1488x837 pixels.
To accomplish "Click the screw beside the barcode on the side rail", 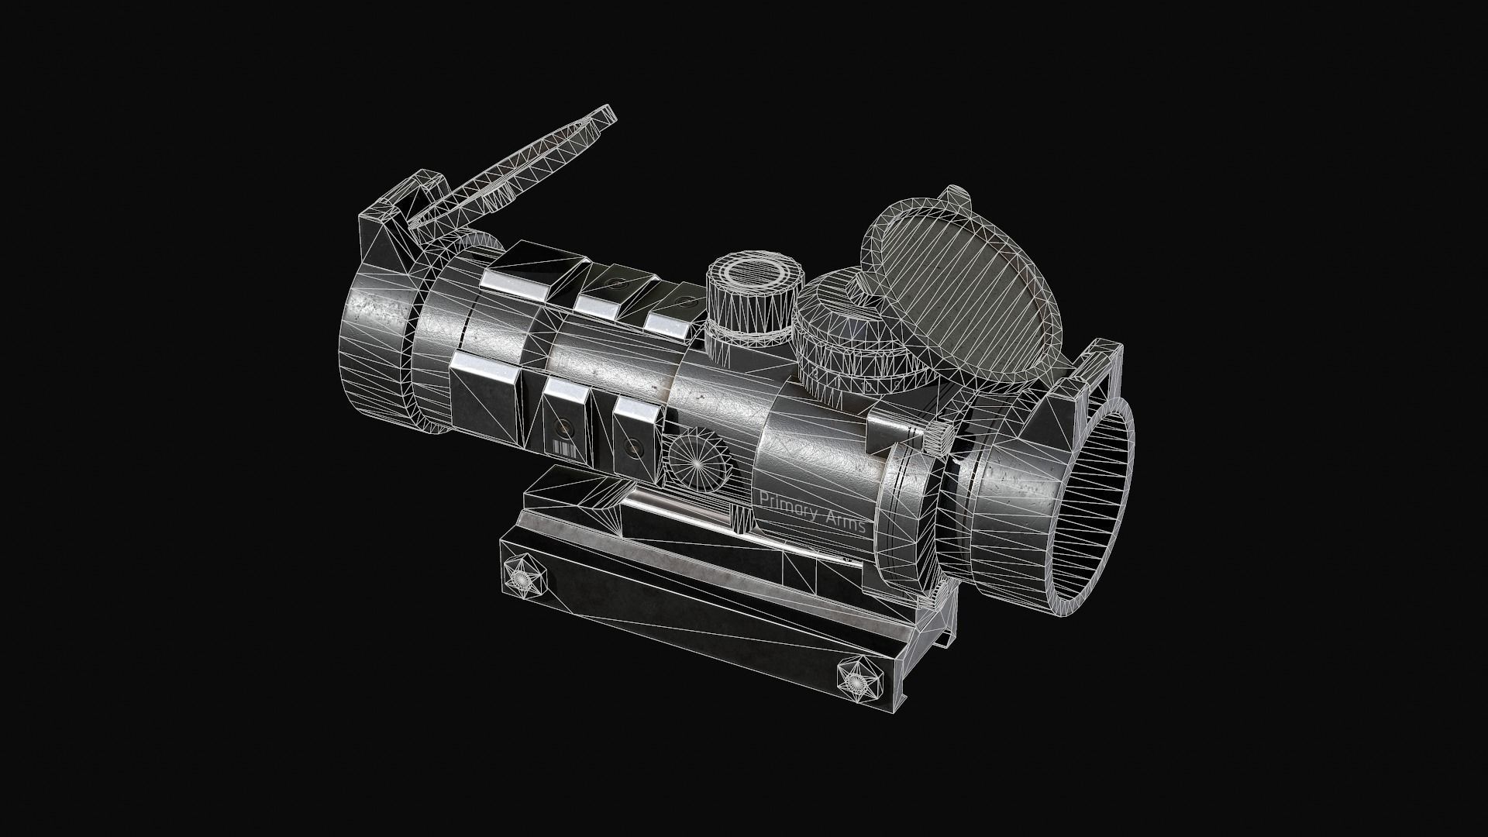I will tap(562, 427).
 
